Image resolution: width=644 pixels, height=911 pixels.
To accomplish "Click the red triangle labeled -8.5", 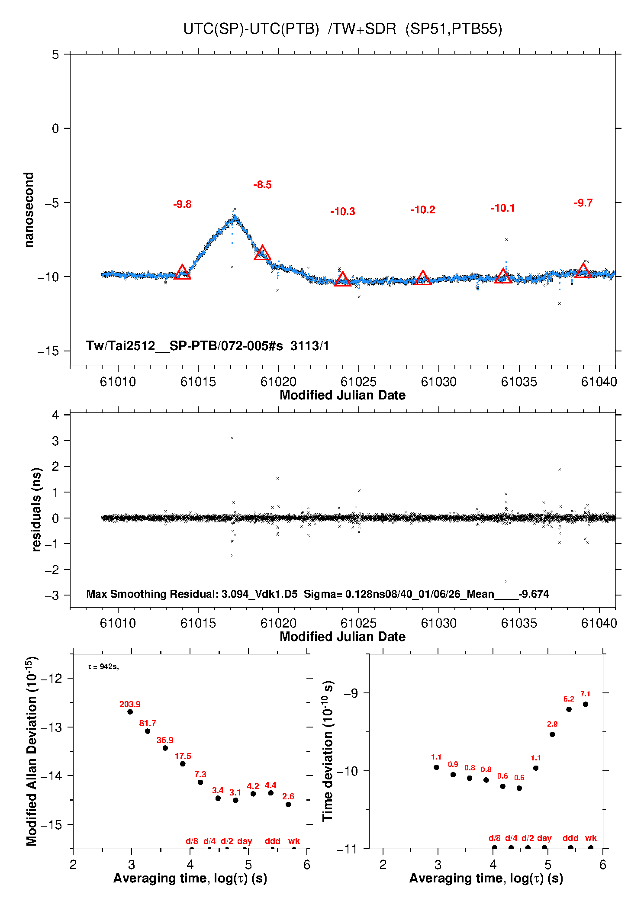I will [262, 253].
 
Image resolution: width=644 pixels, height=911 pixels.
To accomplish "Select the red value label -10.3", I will [342, 212].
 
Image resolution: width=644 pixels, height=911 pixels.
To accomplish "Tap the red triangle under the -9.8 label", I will [182, 273].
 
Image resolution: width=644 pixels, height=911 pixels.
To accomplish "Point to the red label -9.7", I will [583, 203].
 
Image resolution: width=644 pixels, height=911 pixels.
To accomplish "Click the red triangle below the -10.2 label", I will [423, 278].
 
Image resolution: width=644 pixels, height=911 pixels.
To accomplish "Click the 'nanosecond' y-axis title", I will [29, 210].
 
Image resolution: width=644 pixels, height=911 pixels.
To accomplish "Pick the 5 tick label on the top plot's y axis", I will [55, 55].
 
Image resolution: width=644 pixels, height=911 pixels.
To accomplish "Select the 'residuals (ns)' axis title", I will [37, 509].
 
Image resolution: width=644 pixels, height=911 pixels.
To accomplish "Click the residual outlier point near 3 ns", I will [232, 438].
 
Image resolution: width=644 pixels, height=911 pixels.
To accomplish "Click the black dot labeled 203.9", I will [130, 712].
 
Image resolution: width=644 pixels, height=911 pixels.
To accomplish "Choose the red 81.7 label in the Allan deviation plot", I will [148, 723].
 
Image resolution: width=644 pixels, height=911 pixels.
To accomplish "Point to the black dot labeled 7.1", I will [585, 704].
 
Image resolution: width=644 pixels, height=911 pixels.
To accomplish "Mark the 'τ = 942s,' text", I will [103, 667].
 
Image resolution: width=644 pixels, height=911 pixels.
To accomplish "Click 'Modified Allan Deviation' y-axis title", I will [32, 751].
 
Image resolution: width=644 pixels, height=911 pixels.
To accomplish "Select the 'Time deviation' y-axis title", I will [328, 751].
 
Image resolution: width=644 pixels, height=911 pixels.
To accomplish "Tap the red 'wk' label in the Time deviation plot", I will [591, 838].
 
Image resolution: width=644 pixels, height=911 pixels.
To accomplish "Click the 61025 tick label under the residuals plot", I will [358, 623].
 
